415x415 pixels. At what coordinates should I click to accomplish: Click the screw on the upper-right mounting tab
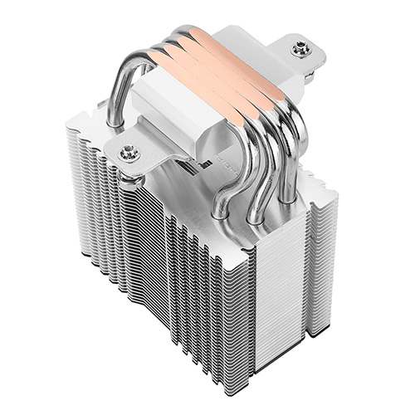click(x=300, y=50)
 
